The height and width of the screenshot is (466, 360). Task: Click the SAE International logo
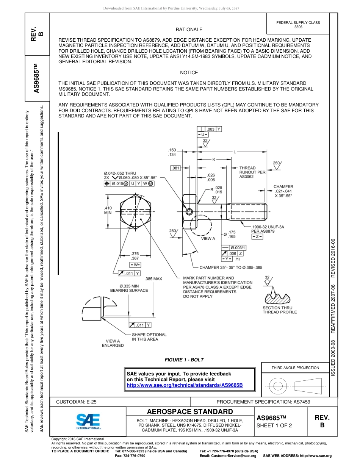click(88, 421)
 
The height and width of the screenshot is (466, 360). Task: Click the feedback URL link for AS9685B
click(184, 385)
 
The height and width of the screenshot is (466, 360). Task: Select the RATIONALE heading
click(189, 29)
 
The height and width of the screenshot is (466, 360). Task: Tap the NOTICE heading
click(189, 72)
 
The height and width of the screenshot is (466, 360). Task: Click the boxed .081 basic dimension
click(175, 168)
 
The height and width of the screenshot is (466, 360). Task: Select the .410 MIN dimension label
click(108, 210)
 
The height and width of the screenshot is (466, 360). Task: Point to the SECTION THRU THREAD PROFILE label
click(280, 310)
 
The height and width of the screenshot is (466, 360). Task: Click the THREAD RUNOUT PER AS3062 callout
click(252, 172)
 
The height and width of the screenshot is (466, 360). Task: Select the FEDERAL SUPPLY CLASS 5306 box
click(298, 25)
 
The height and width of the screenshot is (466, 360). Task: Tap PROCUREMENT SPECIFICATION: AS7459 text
click(263, 402)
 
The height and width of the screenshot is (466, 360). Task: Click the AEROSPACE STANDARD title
click(190, 412)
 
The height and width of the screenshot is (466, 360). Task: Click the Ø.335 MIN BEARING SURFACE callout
click(129, 288)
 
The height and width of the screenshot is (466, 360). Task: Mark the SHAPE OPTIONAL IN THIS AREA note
click(149, 337)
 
